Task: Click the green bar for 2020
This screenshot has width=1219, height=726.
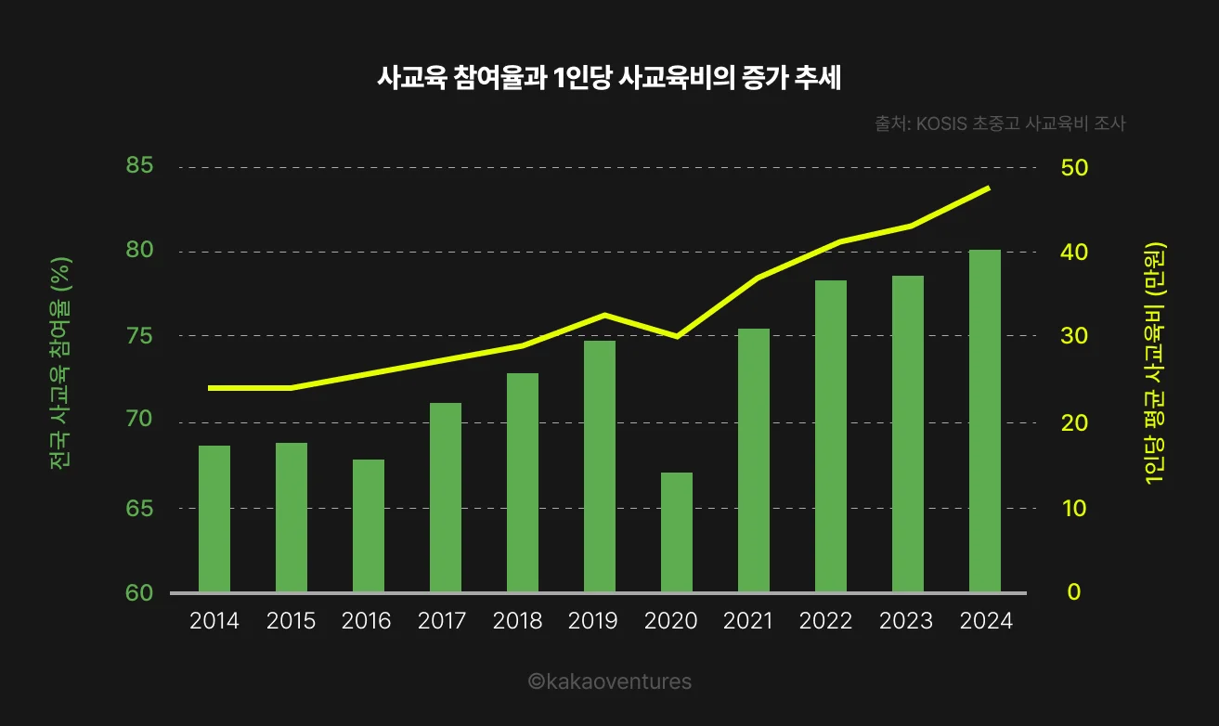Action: point(677,532)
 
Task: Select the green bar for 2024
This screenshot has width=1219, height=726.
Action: point(985,421)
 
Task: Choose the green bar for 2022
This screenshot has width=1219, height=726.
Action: point(831,435)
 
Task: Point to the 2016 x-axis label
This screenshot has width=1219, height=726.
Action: point(367,621)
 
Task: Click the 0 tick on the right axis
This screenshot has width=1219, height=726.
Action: point(1073,592)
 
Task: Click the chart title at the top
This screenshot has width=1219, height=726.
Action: point(608,79)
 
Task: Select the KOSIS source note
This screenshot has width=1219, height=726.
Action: point(1000,123)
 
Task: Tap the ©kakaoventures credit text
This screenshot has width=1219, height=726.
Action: point(610,681)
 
